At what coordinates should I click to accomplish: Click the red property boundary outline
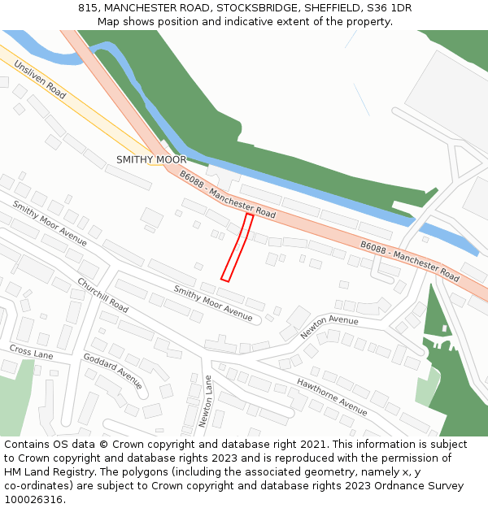point(238,248)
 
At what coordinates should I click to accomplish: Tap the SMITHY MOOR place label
point(151,159)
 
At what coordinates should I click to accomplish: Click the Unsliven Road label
point(40,80)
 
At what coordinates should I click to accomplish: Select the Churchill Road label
point(103,295)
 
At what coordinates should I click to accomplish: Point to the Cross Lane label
point(31,351)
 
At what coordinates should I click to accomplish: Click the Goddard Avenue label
point(113,371)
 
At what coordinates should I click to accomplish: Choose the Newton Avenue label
point(329,327)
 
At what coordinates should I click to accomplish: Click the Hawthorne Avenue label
point(332,396)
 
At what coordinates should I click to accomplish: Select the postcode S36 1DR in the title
point(390,7)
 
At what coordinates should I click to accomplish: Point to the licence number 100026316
point(33,500)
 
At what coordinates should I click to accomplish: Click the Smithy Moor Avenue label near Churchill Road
point(50,224)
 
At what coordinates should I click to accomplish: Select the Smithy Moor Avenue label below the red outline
point(213,302)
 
